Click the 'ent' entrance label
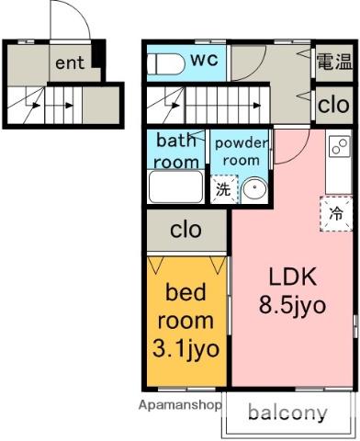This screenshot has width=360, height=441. (70, 62)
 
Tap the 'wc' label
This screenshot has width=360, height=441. (204, 59)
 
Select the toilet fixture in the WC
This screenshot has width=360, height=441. (165, 64)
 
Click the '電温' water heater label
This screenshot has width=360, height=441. (334, 61)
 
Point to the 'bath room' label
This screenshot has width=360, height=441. (176, 151)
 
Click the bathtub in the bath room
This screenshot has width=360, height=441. (175, 187)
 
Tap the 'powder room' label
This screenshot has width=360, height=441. (242, 152)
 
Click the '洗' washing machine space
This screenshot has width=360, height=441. (224, 189)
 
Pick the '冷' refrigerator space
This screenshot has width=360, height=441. (336, 213)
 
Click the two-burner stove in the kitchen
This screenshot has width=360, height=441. (340, 146)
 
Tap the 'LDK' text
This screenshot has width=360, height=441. (292, 277)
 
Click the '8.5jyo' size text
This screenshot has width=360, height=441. (292, 306)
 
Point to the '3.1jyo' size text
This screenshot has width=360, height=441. (186, 349)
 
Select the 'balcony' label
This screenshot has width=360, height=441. (287, 413)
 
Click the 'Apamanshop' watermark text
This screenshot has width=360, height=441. (180, 405)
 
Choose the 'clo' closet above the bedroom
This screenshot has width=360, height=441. (186, 230)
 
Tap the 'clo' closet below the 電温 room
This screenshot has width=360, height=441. (333, 105)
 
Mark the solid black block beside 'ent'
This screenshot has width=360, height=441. (98, 54)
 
